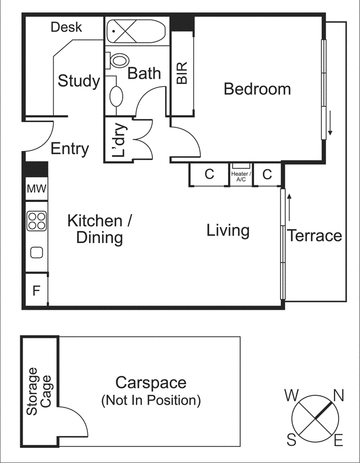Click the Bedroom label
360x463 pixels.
(x=257, y=89)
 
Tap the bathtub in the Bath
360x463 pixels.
(x=136, y=31)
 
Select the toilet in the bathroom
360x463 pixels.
(x=117, y=61)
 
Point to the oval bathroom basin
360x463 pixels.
(x=116, y=96)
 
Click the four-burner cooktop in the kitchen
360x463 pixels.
(x=36, y=221)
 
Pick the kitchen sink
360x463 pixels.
(x=36, y=253)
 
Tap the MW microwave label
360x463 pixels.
(x=36, y=189)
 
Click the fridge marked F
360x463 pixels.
(x=36, y=291)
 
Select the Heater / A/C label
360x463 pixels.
(x=241, y=177)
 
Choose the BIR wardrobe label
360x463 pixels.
(x=182, y=73)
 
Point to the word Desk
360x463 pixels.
(x=66, y=27)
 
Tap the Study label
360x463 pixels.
(x=79, y=81)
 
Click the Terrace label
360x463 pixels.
(x=315, y=236)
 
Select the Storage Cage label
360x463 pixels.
(x=39, y=391)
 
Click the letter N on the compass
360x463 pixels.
(x=339, y=395)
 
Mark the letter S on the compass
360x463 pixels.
(x=292, y=440)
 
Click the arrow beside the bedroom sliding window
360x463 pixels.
(x=330, y=123)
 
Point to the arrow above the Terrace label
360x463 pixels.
(x=289, y=207)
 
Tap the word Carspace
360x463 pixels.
(x=151, y=383)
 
